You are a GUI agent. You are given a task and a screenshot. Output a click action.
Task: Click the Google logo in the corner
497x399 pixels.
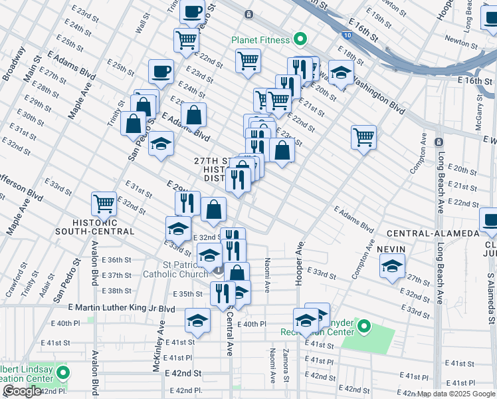tap(21, 391)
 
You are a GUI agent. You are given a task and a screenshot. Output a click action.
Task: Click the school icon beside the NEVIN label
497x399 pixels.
tap(393, 266)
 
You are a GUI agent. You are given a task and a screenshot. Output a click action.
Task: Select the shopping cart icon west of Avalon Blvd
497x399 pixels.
tap(104, 203)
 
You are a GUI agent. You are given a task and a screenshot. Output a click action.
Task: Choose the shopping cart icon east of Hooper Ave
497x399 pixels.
tap(363, 137)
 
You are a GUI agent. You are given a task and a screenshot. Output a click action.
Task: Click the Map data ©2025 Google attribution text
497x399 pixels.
tap(455, 394)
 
